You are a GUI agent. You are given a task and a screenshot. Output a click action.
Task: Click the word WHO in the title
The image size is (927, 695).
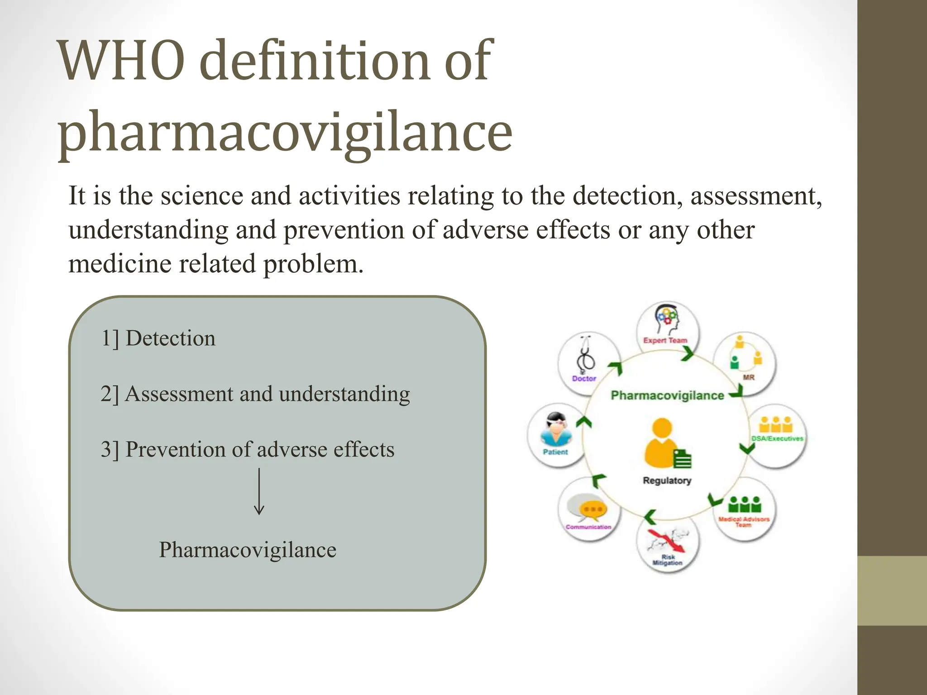point(122,61)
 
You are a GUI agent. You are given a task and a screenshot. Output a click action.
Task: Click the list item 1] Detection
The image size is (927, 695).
point(158,338)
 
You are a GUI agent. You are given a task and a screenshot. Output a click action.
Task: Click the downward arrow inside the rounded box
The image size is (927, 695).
point(259,491)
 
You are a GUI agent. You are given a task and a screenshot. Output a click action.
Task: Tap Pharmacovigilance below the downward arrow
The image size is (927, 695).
point(248,550)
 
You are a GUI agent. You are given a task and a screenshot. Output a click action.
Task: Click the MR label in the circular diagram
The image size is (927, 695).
point(749,377)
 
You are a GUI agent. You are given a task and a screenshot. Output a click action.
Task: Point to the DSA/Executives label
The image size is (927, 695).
point(777,438)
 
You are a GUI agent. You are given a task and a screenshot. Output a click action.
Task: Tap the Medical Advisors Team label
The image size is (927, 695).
point(744,522)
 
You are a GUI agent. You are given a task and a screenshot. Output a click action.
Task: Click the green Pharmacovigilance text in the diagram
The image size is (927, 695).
point(667,395)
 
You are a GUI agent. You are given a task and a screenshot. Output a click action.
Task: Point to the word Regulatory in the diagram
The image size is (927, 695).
point(667,481)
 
